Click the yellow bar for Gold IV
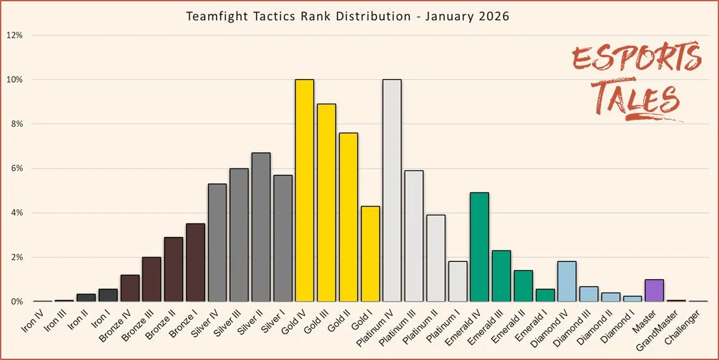304,190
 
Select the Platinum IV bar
392,190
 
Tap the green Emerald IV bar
479,247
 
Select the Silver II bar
260,227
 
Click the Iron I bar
108,295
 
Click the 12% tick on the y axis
15,35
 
